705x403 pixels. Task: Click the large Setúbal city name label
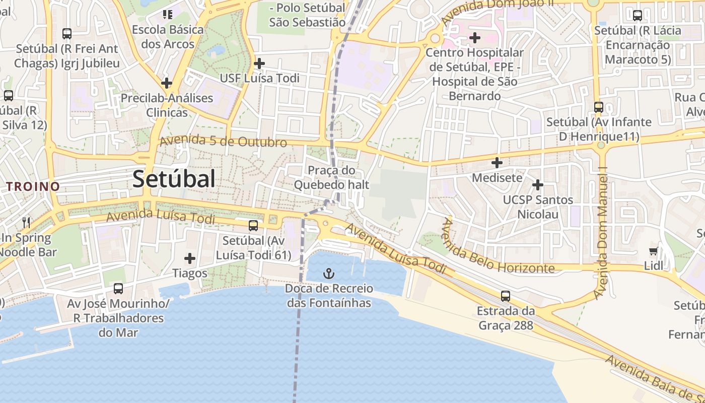pyautogui.click(x=174, y=179)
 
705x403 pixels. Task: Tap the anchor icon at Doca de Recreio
pyautogui.click(x=328, y=274)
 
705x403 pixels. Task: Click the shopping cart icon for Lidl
pyautogui.click(x=654, y=251)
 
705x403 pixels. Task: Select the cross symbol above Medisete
pyautogui.click(x=497, y=163)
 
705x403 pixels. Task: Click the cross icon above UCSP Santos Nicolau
pyautogui.click(x=538, y=185)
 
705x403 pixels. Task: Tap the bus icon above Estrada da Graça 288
pyautogui.click(x=506, y=296)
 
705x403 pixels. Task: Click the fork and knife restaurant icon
pyautogui.click(x=26, y=222)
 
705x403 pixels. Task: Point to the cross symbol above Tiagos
pyautogui.click(x=190, y=258)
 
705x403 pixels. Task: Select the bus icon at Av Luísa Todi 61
pyautogui.click(x=253, y=225)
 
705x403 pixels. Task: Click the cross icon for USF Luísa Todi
pyautogui.click(x=259, y=63)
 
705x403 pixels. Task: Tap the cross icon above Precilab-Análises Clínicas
pyautogui.click(x=167, y=83)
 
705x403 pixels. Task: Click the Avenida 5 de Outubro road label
pyautogui.click(x=223, y=141)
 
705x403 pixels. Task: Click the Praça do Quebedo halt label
pyautogui.click(x=331, y=178)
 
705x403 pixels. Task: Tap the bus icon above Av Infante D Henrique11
pyautogui.click(x=599, y=107)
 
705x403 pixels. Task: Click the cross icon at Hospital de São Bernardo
pyautogui.click(x=475, y=37)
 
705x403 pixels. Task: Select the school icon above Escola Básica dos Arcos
pyautogui.click(x=168, y=14)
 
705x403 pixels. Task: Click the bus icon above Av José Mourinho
pyautogui.click(x=118, y=288)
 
